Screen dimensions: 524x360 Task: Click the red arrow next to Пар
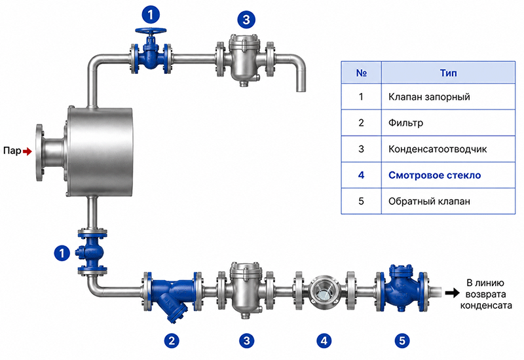pyautogui.click(x=28, y=152)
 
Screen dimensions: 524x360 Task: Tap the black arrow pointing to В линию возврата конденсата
pyautogui.click(x=452, y=293)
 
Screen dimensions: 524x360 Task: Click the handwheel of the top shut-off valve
pyautogui.click(x=151, y=31)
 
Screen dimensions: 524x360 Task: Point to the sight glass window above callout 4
pyautogui.click(x=324, y=293)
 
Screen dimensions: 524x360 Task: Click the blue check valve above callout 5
pyautogui.click(x=402, y=288)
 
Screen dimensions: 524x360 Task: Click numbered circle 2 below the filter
pyautogui.click(x=172, y=341)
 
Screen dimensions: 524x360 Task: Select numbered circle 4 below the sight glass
pyautogui.click(x=324, y=341)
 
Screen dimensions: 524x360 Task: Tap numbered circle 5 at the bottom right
pyautogui.click(x=402, y=341)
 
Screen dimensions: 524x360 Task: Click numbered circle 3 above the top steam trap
pyautogui.click(x=246, y=20)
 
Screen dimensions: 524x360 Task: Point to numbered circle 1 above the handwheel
pyautogui.click(x=151, y=14)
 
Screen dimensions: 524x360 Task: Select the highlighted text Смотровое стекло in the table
pyautogui.click(x=434, y=175)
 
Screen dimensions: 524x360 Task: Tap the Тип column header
pyautogui.click(x=448, y=73)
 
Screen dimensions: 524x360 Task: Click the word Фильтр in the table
pyautogui.click(x=405, y=123)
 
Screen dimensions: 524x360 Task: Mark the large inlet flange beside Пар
pyautogui.click(x=39, y=153)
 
